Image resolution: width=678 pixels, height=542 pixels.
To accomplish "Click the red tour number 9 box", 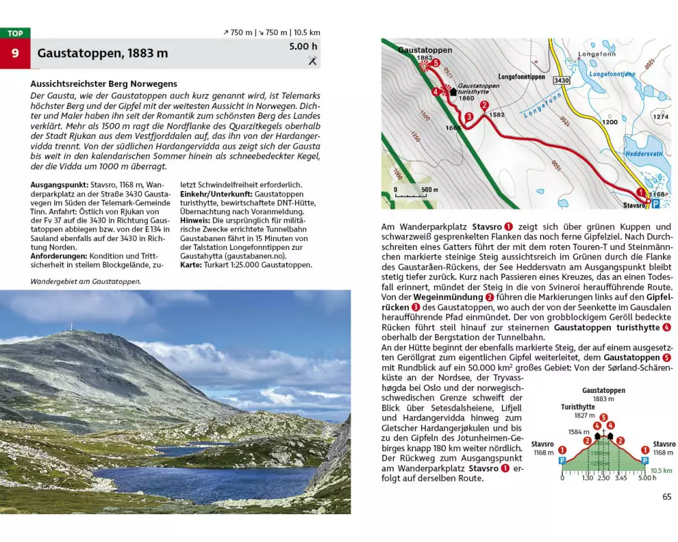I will [x=15, y=53].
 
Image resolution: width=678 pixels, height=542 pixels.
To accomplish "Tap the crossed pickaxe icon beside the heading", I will [x=313, y=61].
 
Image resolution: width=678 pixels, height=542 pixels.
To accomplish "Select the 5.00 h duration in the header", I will [x=303, y=47].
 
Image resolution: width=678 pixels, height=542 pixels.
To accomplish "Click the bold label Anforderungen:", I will [x=60, y=256].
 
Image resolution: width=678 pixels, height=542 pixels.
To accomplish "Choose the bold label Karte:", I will [x=192, y=265].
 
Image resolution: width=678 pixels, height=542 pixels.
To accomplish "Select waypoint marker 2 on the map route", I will [x=484, y=105].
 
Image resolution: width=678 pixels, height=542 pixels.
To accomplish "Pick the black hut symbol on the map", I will [x=450, y=90].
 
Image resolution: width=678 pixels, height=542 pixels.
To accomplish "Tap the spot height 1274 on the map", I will [x=660, y=117].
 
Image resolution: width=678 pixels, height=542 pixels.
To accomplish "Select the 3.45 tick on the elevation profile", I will [x=620, y=478].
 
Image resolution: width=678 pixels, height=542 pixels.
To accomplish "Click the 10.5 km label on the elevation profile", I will [x=660, y=470].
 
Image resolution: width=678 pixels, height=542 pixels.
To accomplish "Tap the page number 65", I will [x=666, y=497].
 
